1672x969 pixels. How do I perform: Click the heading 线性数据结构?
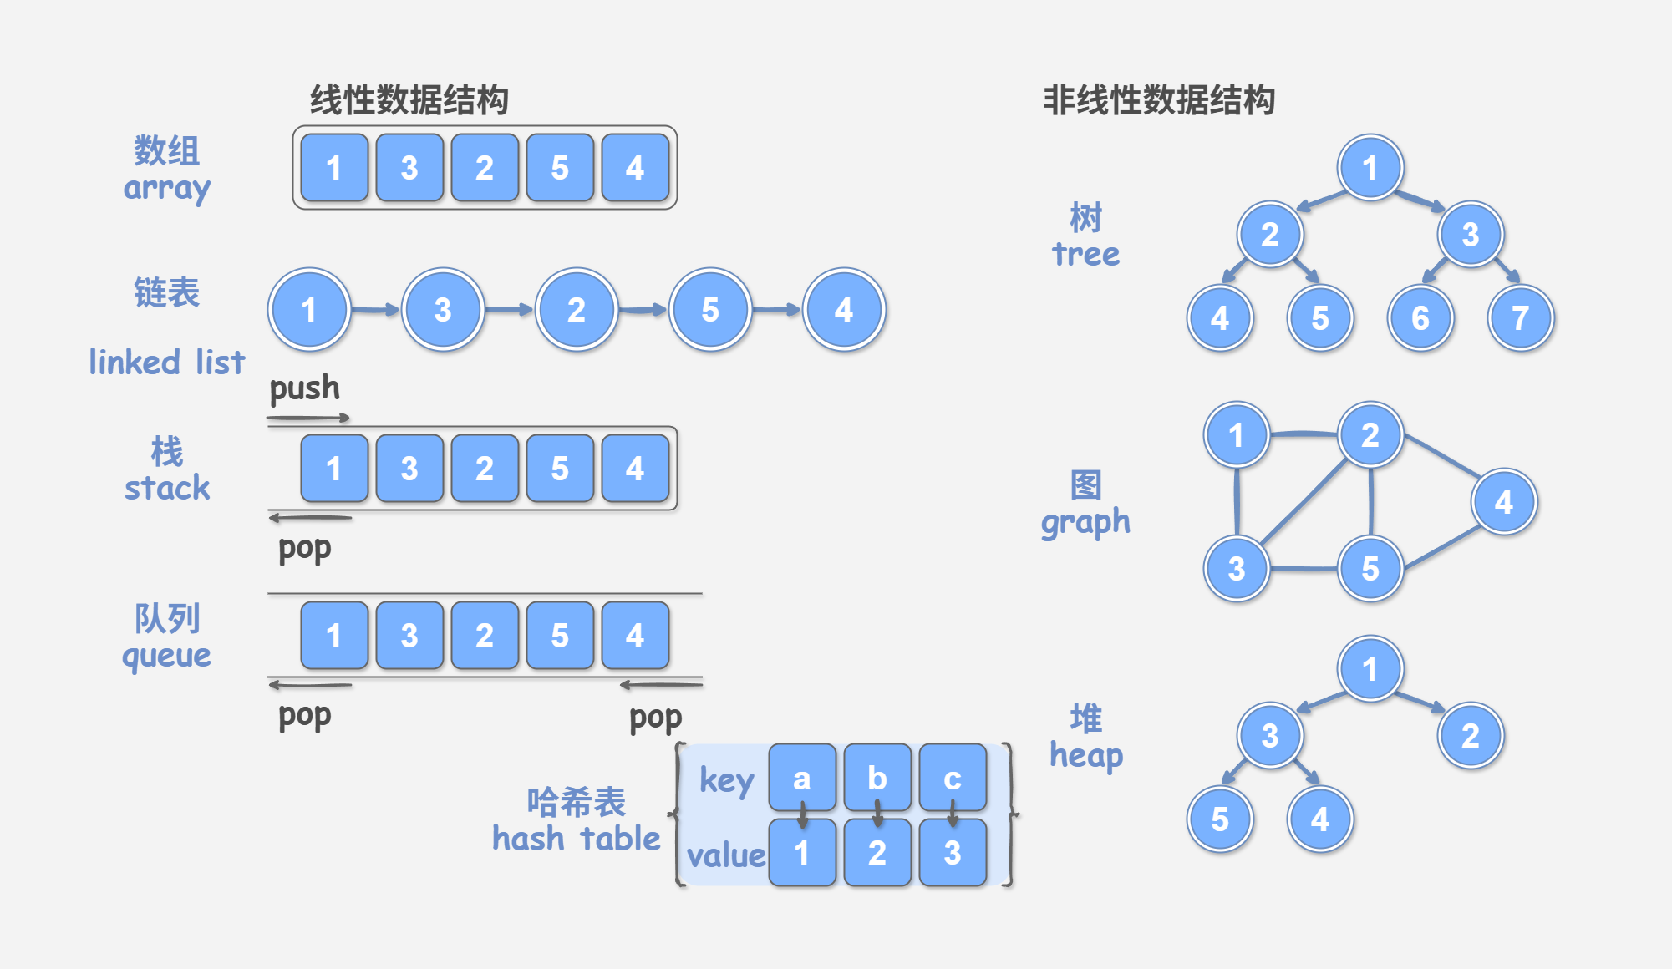(x=409, y=100)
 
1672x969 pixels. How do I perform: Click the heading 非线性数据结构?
(x=1158, y=100)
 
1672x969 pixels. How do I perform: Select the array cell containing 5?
(x=560, y=168)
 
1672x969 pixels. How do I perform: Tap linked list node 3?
(x=443, y=310)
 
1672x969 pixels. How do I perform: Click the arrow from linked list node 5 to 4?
(x=776, y=310)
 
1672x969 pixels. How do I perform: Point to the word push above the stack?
(x=304, y=388)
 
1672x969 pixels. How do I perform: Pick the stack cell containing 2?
(x=485, y=469)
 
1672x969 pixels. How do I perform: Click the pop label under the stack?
(x=304, y=549)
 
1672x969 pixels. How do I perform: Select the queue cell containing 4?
(x=635, y=636)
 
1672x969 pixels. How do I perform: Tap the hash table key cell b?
(x=877, y=778)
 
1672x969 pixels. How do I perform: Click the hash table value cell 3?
(x=953, y=853)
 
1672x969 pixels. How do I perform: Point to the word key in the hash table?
(x=726, y=780)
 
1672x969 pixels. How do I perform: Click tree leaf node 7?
(x=1521, y=318)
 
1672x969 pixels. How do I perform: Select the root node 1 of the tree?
(x=1370, y=168)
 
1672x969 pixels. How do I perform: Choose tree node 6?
(x=1420, y=318)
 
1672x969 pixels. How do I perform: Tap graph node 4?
(x=1504, y=502)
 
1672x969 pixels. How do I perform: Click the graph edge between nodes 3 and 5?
(x=1304, y=569)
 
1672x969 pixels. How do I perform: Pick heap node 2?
(x=1471, y=736)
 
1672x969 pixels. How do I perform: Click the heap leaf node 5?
(x=1220, y=819)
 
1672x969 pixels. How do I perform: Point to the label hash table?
(x=576, y=838)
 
